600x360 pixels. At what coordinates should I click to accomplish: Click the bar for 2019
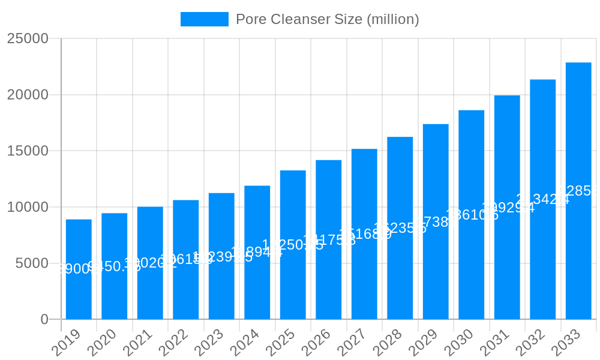79,269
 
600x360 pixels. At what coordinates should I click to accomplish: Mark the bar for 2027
364,234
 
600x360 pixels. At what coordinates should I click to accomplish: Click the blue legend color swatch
205,19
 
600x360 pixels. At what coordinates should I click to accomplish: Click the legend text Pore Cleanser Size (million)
327,19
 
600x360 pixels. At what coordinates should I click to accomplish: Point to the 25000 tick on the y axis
28,38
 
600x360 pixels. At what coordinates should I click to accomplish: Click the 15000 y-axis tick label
28,151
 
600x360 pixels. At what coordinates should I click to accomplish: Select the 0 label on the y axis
44,320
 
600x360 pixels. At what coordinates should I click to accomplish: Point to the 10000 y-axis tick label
28,207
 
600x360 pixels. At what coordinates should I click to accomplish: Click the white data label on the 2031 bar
508,208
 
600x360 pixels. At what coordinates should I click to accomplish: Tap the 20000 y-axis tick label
28,95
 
